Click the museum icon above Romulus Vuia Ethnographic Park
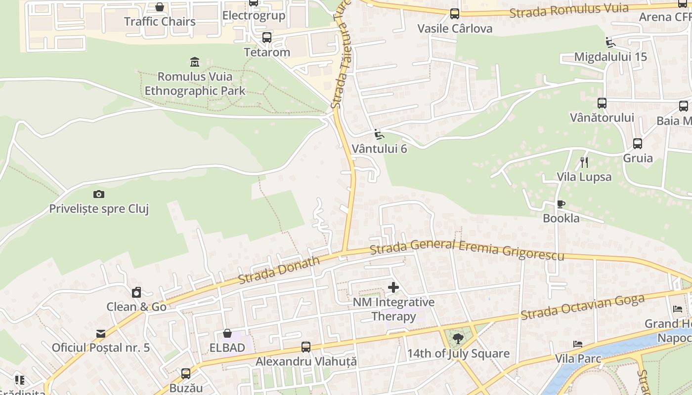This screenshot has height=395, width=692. coord(195,62)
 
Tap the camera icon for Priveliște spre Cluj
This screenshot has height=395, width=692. coord(99,194)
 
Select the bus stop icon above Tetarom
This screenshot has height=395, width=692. coord(267,38)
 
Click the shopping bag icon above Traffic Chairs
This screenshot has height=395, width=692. coord(160,7)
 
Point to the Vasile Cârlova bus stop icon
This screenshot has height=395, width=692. coord(455,14)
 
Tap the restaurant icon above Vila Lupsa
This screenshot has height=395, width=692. coord(584,162)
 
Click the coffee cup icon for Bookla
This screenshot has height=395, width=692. coord(561,204)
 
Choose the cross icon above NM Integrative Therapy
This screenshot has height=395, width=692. coord(393,287)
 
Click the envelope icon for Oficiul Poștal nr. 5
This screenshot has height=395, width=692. coord(101,333)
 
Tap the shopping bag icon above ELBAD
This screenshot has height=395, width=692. coord(227,333)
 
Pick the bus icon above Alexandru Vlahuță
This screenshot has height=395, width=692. coord(306,347)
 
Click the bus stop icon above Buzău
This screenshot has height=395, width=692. coord(186,374)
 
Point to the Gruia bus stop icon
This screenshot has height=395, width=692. coord(638,144)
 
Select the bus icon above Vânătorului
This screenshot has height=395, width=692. coord(602,103)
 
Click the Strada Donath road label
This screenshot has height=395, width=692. coord(279,270)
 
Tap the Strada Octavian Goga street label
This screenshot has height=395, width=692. coord(583,307)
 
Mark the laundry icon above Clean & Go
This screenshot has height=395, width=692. coord(136,292)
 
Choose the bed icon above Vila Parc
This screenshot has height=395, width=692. coord(577,344)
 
